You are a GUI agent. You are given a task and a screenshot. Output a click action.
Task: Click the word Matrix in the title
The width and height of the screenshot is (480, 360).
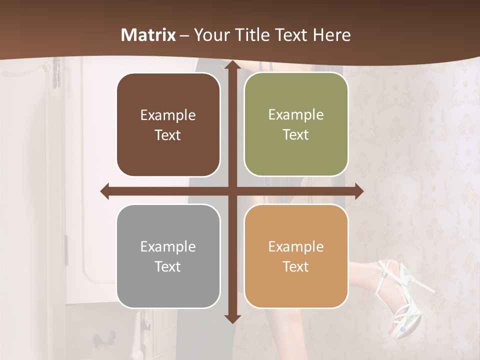pyautogui.click(x=148, y=35)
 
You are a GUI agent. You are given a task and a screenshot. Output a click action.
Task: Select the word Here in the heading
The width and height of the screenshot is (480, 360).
pyautogui.click(x=331, y=35)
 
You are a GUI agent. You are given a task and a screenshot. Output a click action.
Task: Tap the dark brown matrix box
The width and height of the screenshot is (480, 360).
pyautogui.click(x=168, y=125)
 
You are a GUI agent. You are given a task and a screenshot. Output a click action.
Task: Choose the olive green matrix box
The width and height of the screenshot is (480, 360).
pyautogui.click(x=296, y=124)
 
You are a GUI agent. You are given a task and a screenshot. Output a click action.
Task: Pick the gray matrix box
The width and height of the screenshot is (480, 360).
pyautogui.click(x=168, y=256)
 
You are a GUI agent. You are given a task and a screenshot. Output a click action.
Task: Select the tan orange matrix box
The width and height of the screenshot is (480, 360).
pyautogui.click(x=296, y=256)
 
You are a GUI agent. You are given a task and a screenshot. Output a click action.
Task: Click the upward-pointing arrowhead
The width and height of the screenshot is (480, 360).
pyautogui.click(x=232, y=67)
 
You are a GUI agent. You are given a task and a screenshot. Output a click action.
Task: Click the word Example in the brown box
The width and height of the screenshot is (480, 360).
pyautogui.click(x=168, y=115)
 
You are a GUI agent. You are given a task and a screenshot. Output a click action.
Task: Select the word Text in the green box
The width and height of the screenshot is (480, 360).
pyautogui.click(x=296, y=135)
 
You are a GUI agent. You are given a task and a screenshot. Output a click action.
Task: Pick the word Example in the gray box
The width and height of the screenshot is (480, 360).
pyautogui.click(x=168, y=246)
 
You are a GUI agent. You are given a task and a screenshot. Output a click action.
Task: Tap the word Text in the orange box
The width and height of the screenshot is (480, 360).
pyautogui.click(x=296, y=266)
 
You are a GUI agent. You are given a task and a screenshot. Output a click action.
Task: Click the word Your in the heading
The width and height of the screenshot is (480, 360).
pyautogui.click(x=210, y=35)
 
